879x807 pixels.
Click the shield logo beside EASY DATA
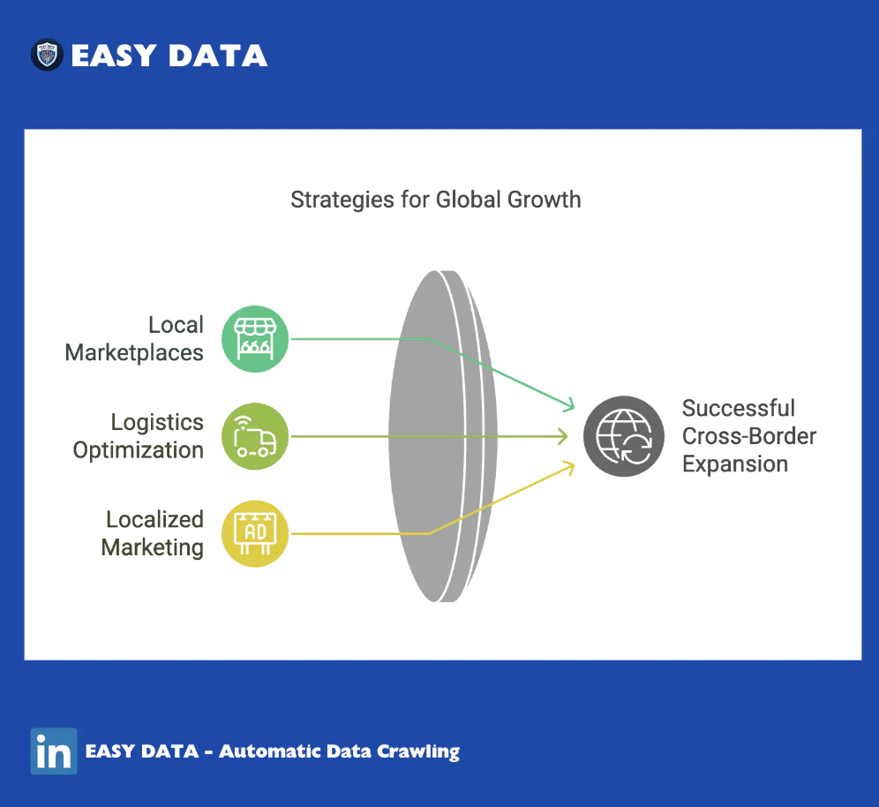point(47,55)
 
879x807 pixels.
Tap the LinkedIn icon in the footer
point(54,750)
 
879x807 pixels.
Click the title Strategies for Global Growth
point(436,200)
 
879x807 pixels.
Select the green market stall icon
point(255,339)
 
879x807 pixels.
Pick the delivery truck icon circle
point(255,436)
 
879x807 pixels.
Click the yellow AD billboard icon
point(255,533)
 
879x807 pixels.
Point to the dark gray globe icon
point(624,436)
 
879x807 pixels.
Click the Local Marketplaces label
point(134,339)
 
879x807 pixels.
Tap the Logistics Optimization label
point(138,436)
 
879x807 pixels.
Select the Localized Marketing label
point(153,534)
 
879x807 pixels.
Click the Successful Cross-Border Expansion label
point(749,436)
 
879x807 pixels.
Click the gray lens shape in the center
point(443,436)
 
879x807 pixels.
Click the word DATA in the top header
point(217,56)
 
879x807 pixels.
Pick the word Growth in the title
point(544,200)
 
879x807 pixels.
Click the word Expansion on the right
point(735,464)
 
